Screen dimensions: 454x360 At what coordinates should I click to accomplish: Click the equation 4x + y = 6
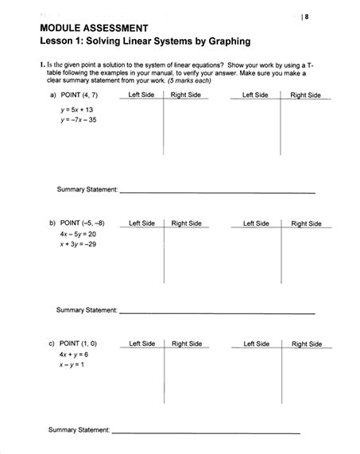point(72,355)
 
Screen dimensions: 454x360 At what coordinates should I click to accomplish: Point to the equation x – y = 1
point(71,366)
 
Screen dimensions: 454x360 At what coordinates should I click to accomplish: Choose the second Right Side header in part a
point(305,95)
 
